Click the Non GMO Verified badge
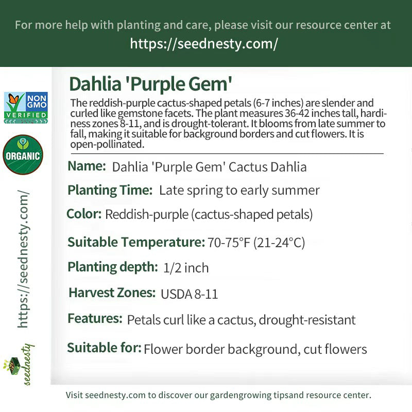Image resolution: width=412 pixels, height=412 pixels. coord(26,108)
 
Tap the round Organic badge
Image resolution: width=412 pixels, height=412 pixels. coord(23,155)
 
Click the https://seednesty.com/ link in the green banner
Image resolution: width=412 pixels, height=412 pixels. coord(204,44)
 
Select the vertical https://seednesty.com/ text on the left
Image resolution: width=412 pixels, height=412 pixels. coord(23,259)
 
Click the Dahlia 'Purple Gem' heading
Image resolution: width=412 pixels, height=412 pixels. coord(150,84)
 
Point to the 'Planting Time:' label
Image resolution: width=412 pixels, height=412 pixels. coord(110,190)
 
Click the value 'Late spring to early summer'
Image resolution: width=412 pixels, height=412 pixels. coord(239,191)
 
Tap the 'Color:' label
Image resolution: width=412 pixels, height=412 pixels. coord(84,214)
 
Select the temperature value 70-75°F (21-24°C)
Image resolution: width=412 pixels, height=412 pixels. coord(256,242)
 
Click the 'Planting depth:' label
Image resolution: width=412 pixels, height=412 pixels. coord(113,267)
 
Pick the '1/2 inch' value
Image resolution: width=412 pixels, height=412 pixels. coord(186,268)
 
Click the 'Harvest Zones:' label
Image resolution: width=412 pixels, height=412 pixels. coord(112,293)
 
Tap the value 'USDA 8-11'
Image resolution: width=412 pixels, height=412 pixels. coord(190,294)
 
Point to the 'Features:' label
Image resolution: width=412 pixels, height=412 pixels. coord(95,318)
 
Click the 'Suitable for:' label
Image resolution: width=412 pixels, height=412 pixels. coord(105,348)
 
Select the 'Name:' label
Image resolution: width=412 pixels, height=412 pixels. coord(87,166)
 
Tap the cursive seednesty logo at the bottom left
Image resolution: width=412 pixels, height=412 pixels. coord(19,365)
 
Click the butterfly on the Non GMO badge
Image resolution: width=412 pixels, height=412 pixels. coord(13,99)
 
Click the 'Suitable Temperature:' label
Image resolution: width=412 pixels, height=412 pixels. coord(136,242)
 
